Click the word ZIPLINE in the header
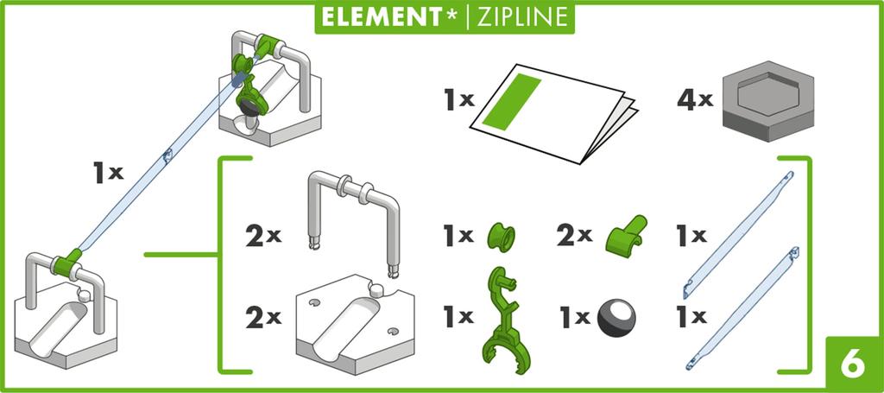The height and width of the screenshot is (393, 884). click(x=517, y=17)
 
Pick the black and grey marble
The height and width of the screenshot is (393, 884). click(x=616, y=317)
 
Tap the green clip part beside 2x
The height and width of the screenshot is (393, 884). click(x=627, y=236)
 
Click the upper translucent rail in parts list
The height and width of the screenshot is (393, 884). click(x=738, y=234)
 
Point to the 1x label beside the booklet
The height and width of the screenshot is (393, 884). click(x=459, y=99)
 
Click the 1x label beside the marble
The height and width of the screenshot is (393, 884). click(x=574, y=318)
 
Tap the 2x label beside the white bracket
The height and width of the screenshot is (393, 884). click(x=263, y=236)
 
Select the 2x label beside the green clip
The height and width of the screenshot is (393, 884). click(x=574, y=236)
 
